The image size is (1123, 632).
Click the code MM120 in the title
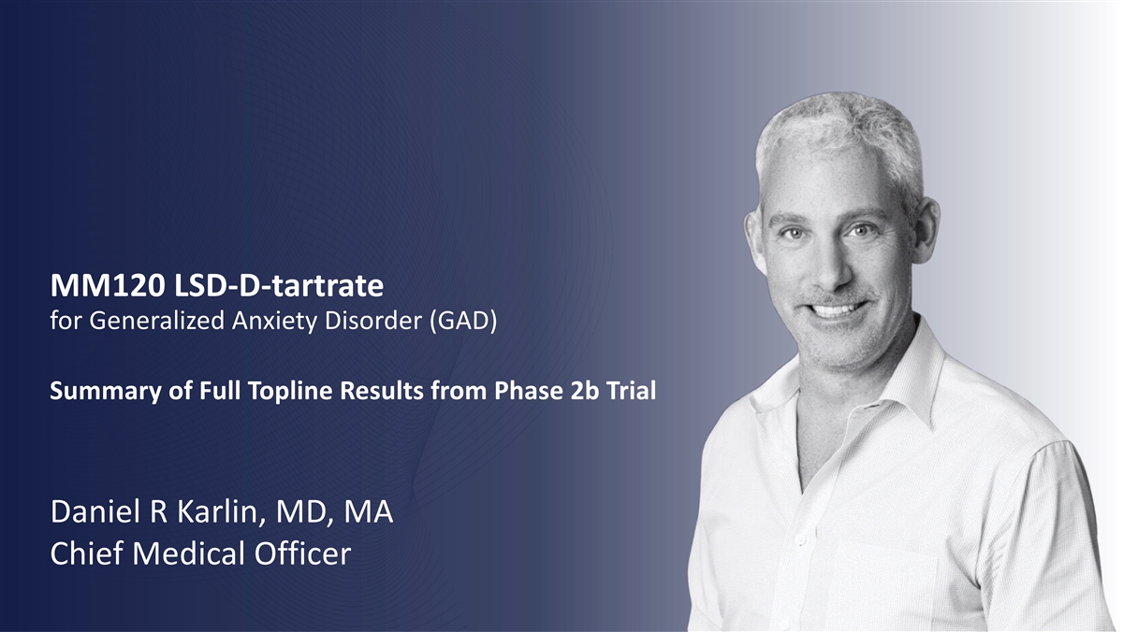click(108, 285)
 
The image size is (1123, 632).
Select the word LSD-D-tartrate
click(279, 285)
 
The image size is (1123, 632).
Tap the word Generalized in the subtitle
click(157, 321)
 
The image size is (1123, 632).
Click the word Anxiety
click(275, 321)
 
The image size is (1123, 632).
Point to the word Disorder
click(373, 321)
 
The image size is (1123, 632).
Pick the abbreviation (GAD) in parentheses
click(463, 321)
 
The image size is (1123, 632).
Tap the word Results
click(383, 391)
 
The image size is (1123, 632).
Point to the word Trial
click(631, 391)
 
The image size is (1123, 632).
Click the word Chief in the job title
click(86, 553)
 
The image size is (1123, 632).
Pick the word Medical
click(189, 553)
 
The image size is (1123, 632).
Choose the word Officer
click(303, 553)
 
